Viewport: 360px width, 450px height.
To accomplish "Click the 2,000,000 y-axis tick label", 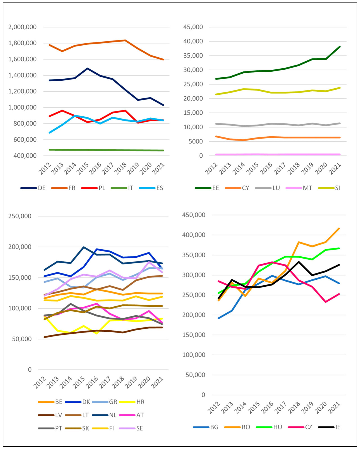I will coord(22,27).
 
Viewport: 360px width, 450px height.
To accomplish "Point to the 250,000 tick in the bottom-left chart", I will coord(20,216).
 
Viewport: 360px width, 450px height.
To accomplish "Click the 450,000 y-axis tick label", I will coord(194,215).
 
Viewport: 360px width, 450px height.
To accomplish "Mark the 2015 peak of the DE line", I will coord(87,68).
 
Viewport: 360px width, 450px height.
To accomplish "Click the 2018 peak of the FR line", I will coord(125,40).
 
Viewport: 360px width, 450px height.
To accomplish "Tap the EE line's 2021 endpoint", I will coord(340,47).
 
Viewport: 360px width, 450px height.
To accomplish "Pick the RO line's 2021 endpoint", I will coord(339,229).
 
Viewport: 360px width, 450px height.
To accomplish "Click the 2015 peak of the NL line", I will coord(84,247).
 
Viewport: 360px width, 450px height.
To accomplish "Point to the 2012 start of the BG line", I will coord(219,318).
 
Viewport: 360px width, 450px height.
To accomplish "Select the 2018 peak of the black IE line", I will coord(299,262).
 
